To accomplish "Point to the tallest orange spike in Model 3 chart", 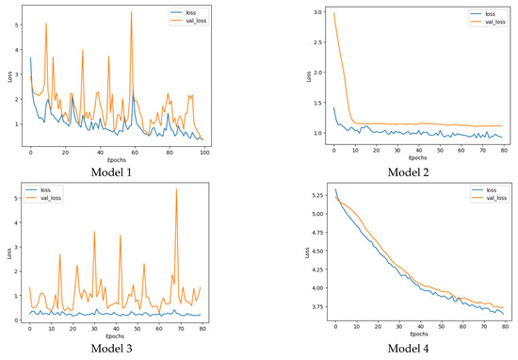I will pos(176,189).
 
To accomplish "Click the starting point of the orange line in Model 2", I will pos(333,13).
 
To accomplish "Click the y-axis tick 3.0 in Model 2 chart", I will pos(318,13).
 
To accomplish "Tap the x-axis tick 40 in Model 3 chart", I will pos(120,328).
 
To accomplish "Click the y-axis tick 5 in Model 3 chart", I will pos(19,199).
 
